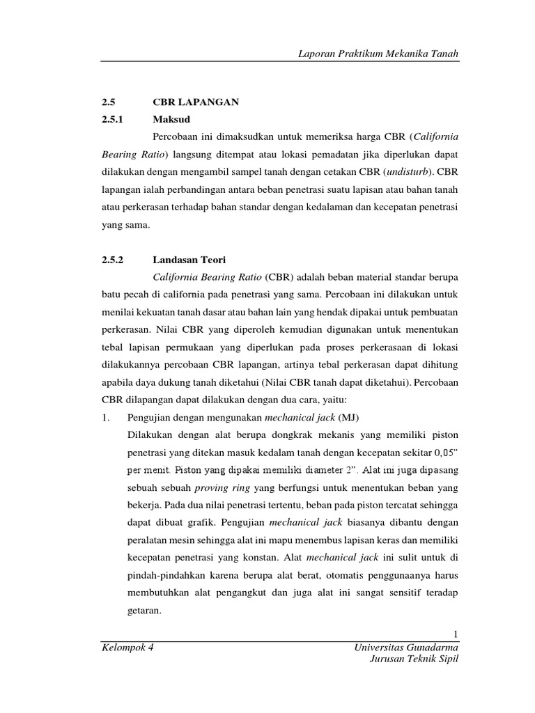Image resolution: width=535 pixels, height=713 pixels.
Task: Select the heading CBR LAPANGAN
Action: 195,102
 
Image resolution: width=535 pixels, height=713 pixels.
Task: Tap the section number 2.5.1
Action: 111,120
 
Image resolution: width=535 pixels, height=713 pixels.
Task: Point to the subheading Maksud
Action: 171,120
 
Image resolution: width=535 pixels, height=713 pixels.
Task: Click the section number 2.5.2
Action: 111,260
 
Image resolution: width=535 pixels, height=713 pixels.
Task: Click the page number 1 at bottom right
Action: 455,634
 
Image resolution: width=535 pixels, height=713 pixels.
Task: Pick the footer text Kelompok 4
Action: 127,648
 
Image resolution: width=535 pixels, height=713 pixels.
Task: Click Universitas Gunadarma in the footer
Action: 407,648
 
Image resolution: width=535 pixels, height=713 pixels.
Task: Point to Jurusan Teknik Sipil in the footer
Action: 414,660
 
